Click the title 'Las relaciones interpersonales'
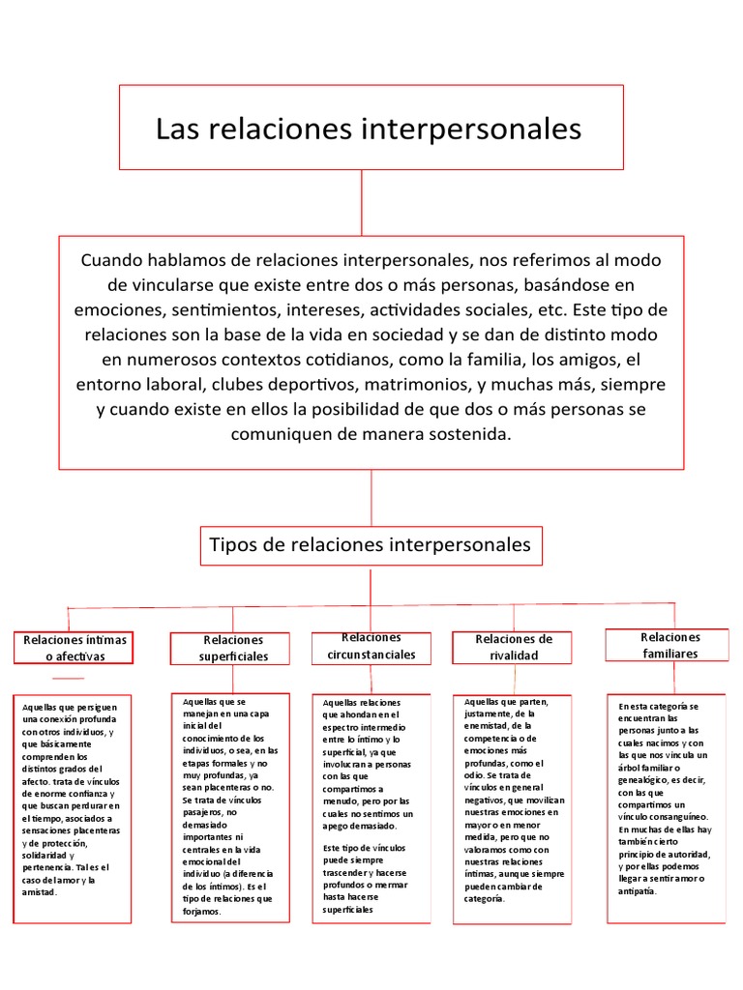click(369, 129)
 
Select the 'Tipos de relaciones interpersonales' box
click(371, 545)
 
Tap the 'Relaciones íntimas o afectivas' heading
click(74, 648)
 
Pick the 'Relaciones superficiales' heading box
click(230, 648)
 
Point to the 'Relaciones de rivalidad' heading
click(514, 647)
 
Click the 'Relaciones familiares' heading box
click(669, 645)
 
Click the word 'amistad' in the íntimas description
click(40, 892)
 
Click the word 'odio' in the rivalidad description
click(475, 775)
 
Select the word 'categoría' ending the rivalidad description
click(485, 899)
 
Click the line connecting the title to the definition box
click(362, 202)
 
